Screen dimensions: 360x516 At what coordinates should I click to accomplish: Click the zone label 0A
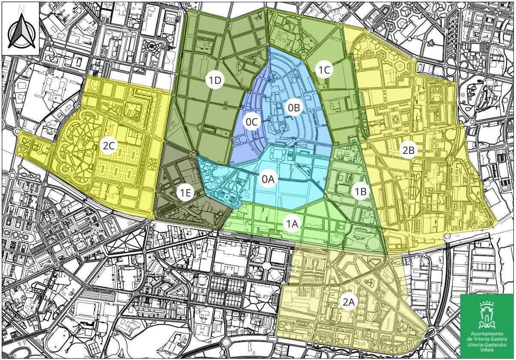pos(268,179)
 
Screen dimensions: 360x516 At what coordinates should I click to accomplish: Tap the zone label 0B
pos(293,108)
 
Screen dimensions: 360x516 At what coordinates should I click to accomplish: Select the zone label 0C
pos(252,122)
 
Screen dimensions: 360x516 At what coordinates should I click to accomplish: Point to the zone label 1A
pos(293,223)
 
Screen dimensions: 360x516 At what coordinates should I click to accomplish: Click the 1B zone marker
pos(361,192)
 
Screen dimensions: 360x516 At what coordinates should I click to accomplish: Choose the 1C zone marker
pos(324,70)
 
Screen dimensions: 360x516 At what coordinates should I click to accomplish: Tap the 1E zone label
pos(185,193)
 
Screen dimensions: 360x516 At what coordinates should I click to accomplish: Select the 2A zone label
pos(348,302)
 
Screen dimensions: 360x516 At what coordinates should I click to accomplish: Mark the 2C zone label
pos(109,146)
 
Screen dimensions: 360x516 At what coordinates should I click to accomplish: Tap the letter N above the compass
pos(21,8)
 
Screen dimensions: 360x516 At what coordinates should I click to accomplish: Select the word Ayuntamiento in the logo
pos(486,334)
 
